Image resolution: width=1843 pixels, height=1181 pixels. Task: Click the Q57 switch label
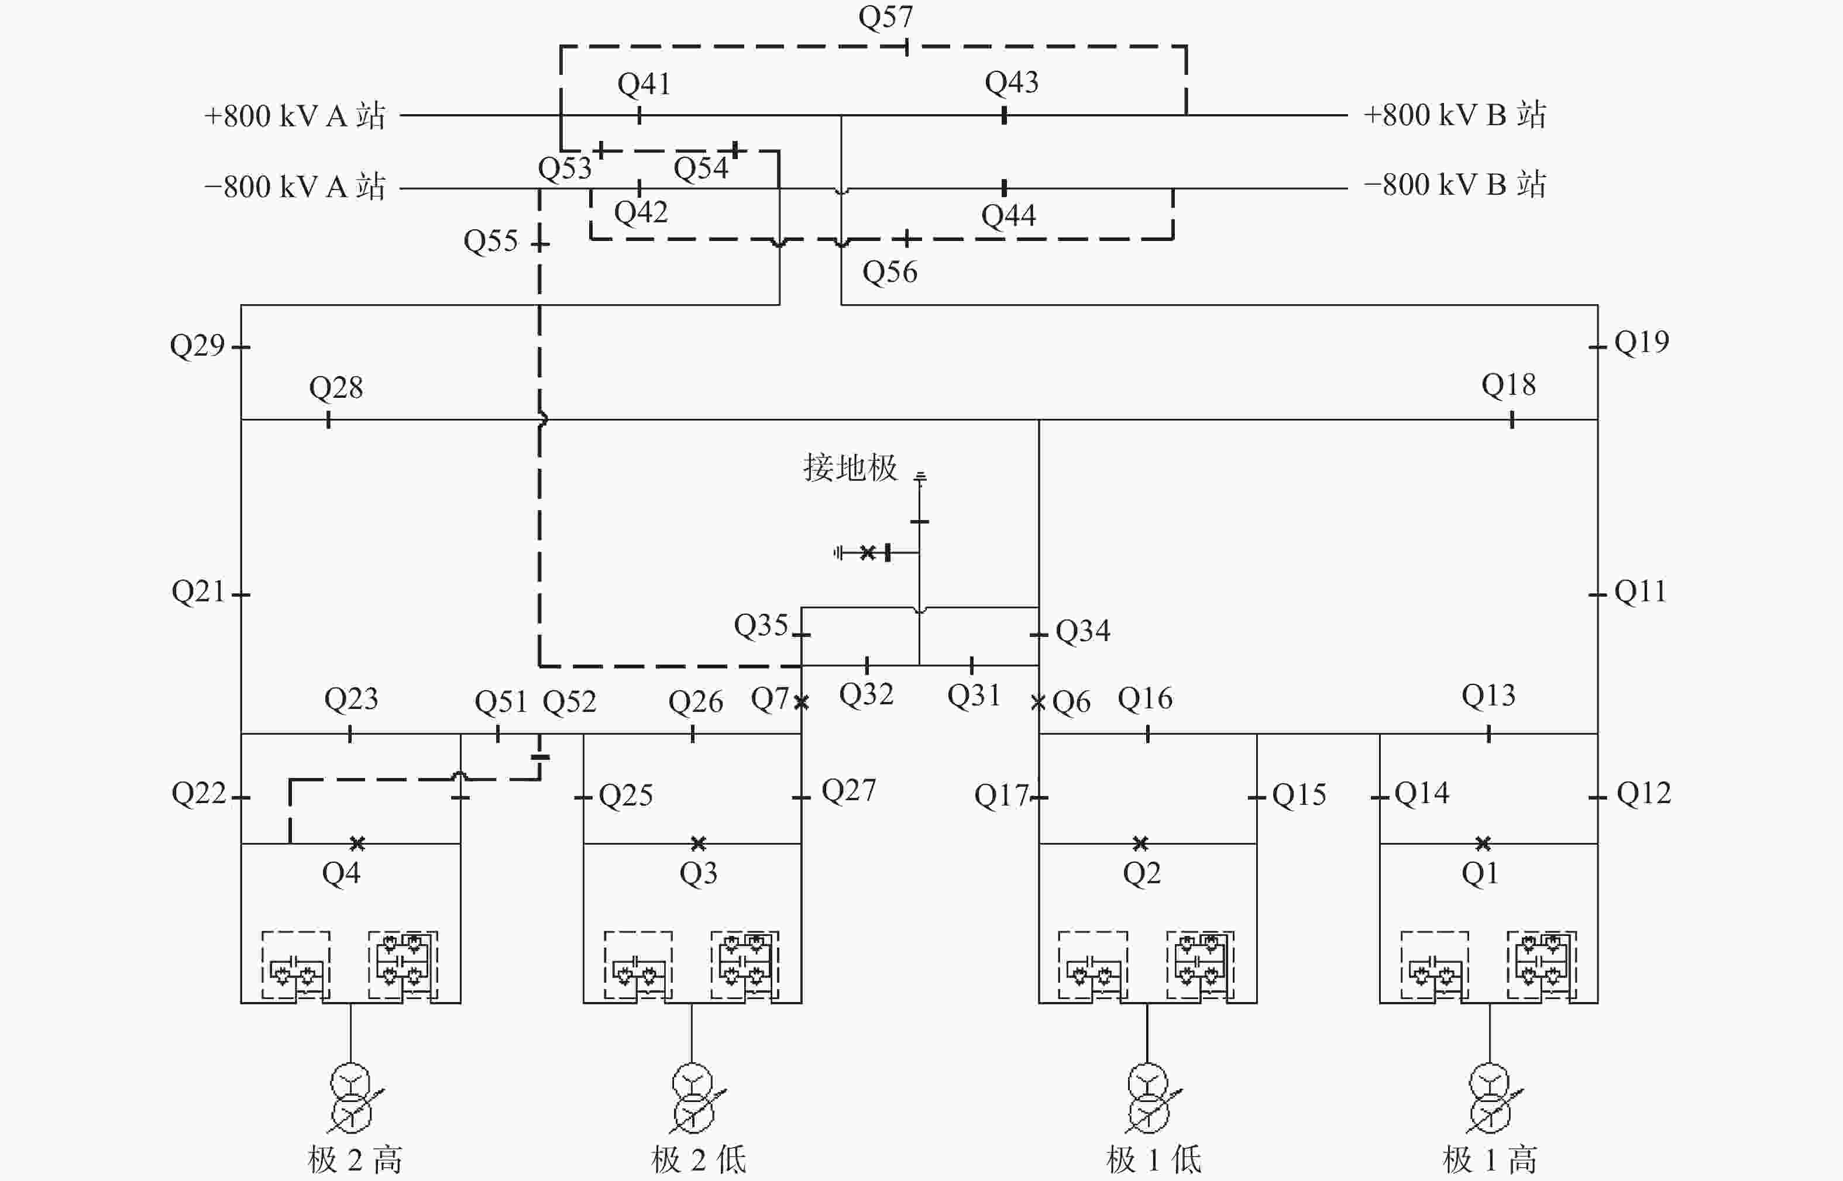(885, 17)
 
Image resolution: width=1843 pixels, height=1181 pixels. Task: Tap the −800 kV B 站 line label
(1455, 185)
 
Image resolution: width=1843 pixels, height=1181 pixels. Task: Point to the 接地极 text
(850, 467)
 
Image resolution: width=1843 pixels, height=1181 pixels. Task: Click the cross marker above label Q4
(357, 843)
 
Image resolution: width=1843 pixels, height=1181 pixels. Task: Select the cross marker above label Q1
(1483, 843)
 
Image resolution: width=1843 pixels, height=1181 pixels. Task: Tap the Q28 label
(336, 388)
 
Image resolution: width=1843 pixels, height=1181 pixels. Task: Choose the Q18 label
(1508, 385)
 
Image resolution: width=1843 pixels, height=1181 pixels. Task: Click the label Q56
(890, 272)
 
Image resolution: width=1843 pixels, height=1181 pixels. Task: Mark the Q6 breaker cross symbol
(1039, 702)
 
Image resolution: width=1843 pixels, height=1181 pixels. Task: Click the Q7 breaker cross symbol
(802, 702)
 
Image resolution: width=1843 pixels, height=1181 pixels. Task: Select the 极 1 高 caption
(1490, 1159)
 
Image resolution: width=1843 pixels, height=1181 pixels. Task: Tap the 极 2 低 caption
(699, 1159)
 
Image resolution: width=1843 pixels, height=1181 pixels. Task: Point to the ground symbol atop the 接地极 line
(920, 477)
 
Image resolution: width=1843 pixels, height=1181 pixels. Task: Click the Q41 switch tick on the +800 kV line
(639, 116)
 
